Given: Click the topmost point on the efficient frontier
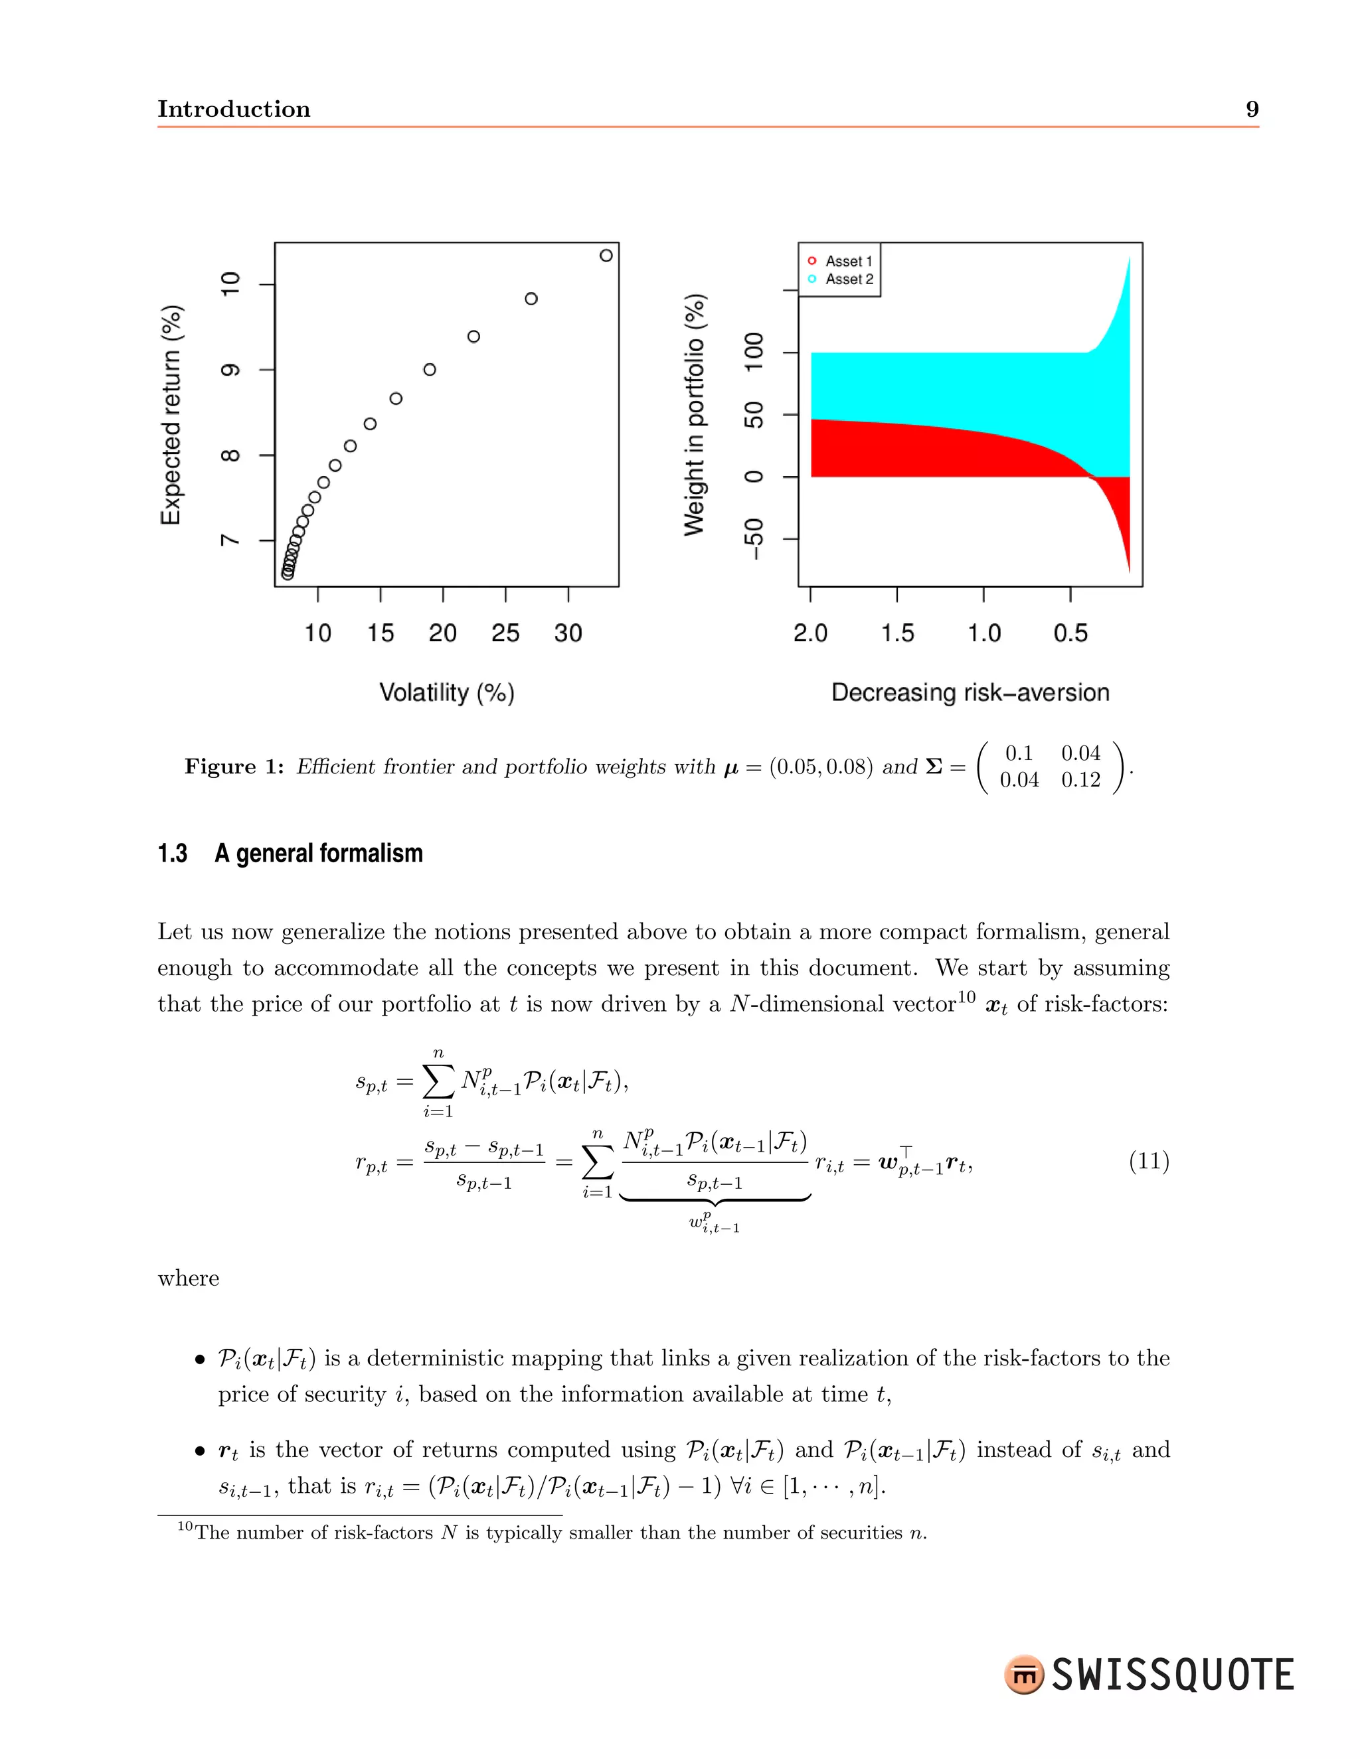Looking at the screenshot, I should tap(606, 256).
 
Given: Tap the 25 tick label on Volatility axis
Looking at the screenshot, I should tap(505, 633).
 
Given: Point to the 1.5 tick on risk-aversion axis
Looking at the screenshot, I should tap(896, 633).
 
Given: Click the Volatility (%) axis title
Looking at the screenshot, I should tap(446, 692).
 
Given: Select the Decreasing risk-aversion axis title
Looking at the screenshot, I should tap(970, 692).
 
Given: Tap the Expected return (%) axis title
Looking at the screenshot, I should tap(171, 415).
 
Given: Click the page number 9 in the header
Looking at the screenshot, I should tap(1252, 109).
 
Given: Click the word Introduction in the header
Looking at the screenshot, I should tap(234, 109).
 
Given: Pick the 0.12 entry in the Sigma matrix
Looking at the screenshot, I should tap(1080, 780).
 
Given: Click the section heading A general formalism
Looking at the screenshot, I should tap(318, 853).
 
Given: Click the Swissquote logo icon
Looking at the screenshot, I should tap(1024, 1675).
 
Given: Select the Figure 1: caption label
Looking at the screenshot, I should tap(234, 766).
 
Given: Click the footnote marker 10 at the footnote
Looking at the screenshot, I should tap(185, 1526).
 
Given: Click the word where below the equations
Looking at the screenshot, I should tap(189, 1278).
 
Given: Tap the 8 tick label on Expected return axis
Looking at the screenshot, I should tap(230, 455).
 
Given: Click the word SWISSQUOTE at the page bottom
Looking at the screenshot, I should tap(1172, 1675).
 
